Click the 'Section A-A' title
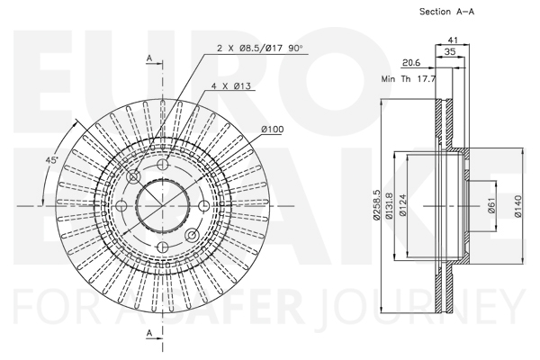[x=446, y=12]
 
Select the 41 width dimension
[x=454, y=40]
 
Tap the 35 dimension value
[x=450, y=51]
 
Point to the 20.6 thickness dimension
[x=411, y=63]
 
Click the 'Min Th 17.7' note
[x=409, y=79]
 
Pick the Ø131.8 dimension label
[x=389, y=206]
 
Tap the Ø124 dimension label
[x=403, y=205]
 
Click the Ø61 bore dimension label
[x=491, y=205]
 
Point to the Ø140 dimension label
[x=518, y=206]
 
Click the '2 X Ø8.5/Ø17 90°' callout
[x=260, y=48]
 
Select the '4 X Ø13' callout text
[x=231, y=85]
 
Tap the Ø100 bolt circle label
[x=273, y=130]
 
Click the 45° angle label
[x=52, y=160]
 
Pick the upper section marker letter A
[x=149, y=58]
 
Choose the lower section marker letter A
[x=149, y=333]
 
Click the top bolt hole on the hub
[x=163, y=165]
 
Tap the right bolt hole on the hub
[x=204, y=206]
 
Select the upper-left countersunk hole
[x=133, y=176]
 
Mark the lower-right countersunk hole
[x=192, y=235]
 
